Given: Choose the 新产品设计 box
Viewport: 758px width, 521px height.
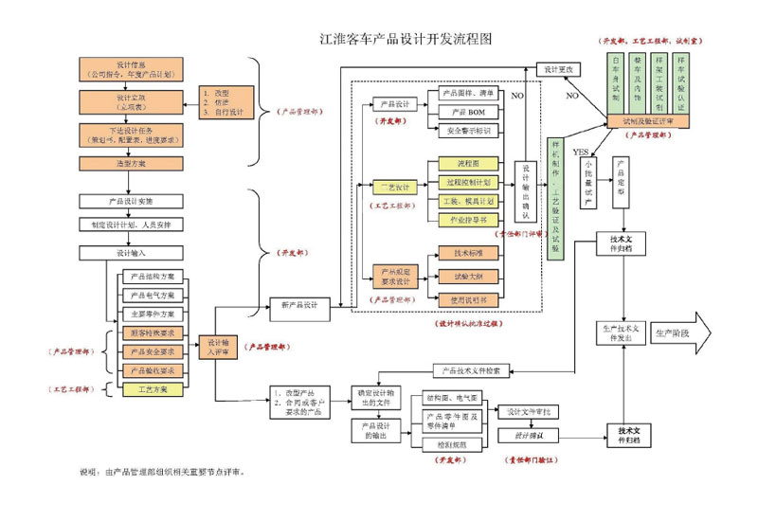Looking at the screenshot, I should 299,306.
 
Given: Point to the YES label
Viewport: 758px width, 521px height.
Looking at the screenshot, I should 581,153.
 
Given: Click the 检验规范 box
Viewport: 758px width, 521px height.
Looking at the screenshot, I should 450,444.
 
